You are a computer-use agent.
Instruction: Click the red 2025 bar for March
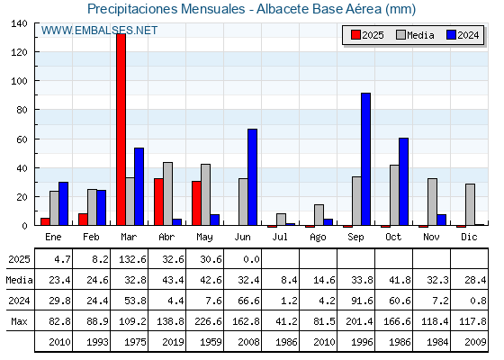point(121,130)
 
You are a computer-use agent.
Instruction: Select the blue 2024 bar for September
point(365,159)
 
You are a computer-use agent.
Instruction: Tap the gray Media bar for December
point(470,204)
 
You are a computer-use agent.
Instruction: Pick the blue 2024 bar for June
point(252,177)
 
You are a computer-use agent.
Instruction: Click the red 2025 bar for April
point(158,202)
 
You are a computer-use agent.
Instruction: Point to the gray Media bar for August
point(319,215)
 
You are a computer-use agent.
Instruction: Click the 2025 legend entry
point(367,35)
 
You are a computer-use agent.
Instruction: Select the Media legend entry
point(415,35)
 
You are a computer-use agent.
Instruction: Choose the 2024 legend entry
point(463,35)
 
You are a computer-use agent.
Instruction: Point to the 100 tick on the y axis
point(19,81)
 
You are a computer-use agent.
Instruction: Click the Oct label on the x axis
point(393,237)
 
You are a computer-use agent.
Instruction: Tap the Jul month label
point(280,237)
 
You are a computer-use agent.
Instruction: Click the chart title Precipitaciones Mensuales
point(166,9)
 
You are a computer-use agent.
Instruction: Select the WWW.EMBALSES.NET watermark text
point(99,31)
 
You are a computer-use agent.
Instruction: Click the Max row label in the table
point(19,321)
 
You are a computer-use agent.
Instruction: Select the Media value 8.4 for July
point(289,280)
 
